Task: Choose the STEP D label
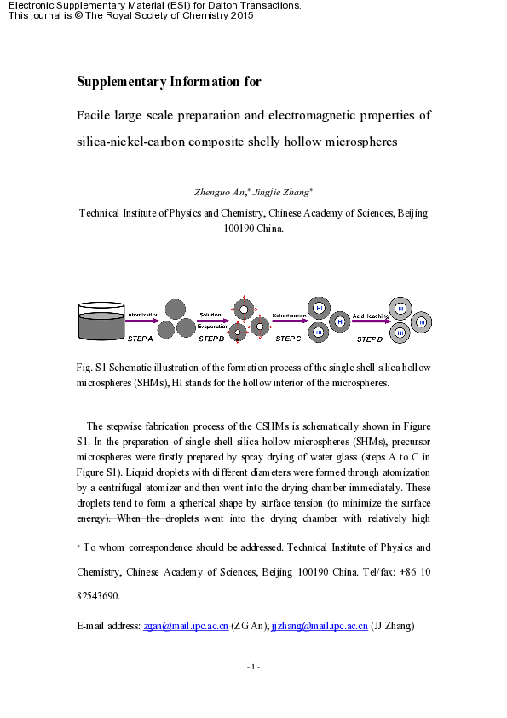click(369, 339)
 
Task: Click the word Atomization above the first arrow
click(143, 316)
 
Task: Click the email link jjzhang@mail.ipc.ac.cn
click(319, 626)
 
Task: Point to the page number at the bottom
click(253, 666)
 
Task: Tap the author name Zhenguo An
click(220, 193)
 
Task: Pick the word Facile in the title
click(94, 115)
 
